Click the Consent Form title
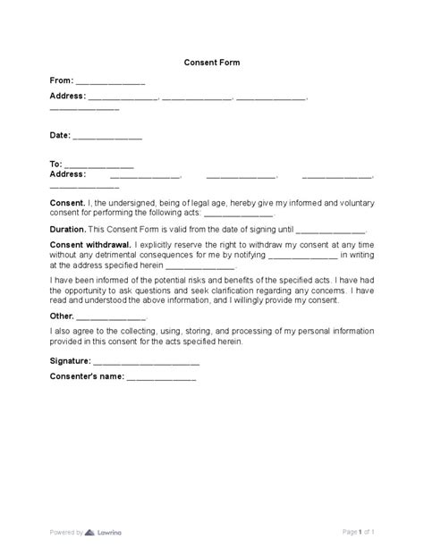pyautogui.click(x=212, y=63)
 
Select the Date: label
pyautogui.click(x=59, y=137)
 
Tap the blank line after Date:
pyautogui.click(x=106, y=139)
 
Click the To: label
pyautogui.click(x=55, y=164)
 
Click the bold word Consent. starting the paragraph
pyautogui.click(x=67, y=204)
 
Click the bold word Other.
pyautogui.click(x=61, y=317)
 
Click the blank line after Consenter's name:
pyautogui.click(x=160, y=379)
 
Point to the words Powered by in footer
pyautogui.click(x=65, y=531)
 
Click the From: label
pyautogui.click(x=61, y=80)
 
